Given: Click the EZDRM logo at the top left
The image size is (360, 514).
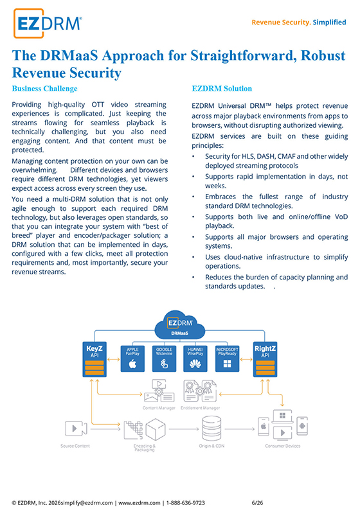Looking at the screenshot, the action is click(x=48, y=23).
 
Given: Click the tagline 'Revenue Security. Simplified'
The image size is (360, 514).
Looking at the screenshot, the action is click(x=299, y=22).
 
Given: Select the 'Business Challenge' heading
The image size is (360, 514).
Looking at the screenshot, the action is click(x=44, y=89).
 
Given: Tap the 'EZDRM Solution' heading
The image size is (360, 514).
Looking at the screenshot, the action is click(x=222, y=89).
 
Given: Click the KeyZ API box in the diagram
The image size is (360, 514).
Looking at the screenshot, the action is click(x=94, y=359).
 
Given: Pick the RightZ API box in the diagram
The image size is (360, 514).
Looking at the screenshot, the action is click(x=265, y=359).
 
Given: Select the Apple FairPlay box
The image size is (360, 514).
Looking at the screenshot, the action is click(x=132, y=359).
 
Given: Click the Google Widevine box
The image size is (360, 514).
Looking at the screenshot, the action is click(x=164, y=359).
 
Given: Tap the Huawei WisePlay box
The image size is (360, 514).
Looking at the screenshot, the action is click(x=195, y=359).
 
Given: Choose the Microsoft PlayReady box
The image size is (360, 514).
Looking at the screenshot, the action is click(x=227, y=359).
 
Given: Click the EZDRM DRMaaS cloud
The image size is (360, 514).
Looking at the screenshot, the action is click(x=179, y=325).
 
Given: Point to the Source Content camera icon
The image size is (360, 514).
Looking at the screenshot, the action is click(x=76, y=429).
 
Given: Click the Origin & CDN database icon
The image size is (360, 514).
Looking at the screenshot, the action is click(x=212, y=429).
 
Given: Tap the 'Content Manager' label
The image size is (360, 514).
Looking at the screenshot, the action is click(x=159, y=408).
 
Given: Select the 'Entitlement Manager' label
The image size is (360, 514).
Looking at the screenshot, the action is click(x=200, y=408).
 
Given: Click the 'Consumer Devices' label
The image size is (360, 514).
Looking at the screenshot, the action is click(x=283, y=446).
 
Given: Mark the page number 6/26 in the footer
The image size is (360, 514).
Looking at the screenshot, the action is click(x=257, y=502).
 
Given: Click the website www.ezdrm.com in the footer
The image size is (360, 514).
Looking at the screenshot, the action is click(x=139, y=502).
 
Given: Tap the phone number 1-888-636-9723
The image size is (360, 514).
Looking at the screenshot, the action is click(x=186, y=502).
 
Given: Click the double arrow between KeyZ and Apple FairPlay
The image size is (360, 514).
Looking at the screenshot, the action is click(x=113, y=360).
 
